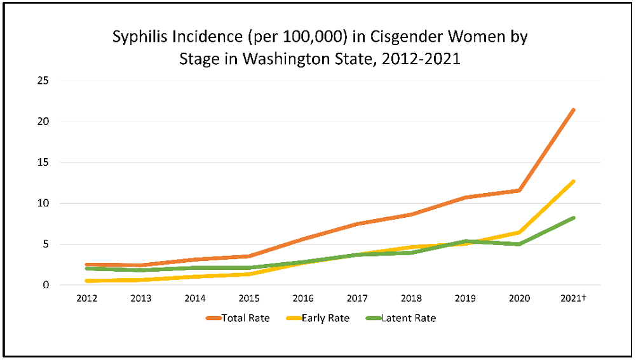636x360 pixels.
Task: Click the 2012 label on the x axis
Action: (87, 298)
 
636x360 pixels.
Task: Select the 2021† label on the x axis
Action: (574, 298)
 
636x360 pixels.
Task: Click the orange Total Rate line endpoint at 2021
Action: (574, 110)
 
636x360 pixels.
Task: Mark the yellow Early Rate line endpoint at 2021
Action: (574, 181)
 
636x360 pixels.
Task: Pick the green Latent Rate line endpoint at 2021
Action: (574, 218)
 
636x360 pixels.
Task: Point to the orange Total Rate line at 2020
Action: (520, 190)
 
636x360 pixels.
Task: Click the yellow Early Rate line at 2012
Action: (87, 281)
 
